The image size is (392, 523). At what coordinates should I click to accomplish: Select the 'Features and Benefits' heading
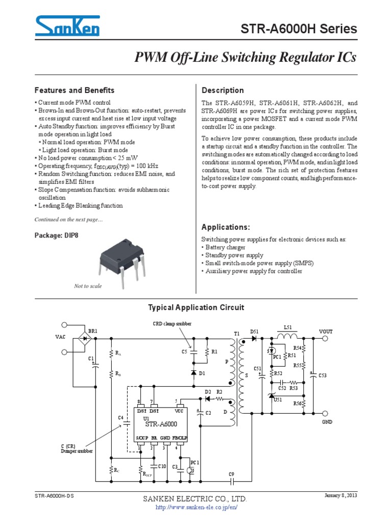point(74,90)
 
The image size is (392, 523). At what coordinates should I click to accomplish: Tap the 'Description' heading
point(223,90)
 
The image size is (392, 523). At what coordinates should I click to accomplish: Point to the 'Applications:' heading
point(226,227)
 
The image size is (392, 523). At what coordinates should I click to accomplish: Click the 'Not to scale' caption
point(88,286)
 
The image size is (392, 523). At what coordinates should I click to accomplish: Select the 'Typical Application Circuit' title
point(196,307)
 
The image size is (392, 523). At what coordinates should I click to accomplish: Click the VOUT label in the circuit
point(326,331)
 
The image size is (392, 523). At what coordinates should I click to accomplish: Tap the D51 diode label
point(254,331)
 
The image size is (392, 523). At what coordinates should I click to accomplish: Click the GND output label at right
point(327,422)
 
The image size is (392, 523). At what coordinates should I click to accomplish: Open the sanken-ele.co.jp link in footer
point(196,508)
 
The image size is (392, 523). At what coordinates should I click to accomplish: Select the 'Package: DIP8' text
point(57,235)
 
